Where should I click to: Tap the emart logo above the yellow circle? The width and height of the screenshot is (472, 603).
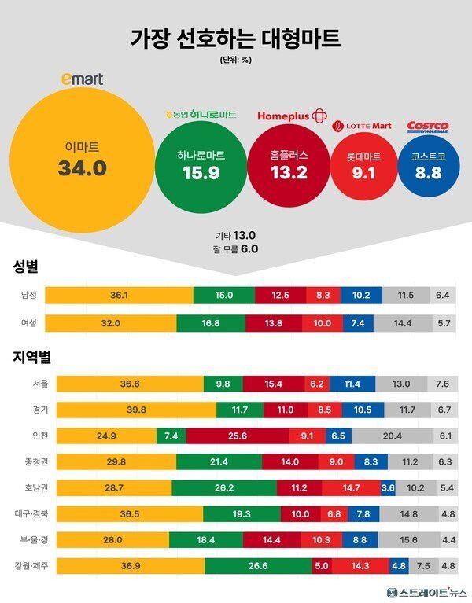83,79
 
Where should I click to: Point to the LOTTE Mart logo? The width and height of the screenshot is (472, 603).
362,125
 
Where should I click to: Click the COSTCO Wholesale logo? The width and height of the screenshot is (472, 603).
428,127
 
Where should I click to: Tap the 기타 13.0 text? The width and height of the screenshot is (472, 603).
235,235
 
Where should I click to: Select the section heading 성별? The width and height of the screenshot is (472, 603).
25,267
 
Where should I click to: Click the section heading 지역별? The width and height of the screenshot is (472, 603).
31,357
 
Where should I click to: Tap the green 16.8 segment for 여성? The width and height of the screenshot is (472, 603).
211,323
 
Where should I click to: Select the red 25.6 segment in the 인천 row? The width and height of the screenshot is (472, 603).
238,436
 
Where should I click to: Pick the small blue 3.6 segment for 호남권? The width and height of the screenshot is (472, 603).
388,487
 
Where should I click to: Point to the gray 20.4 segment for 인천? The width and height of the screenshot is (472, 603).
391,436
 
